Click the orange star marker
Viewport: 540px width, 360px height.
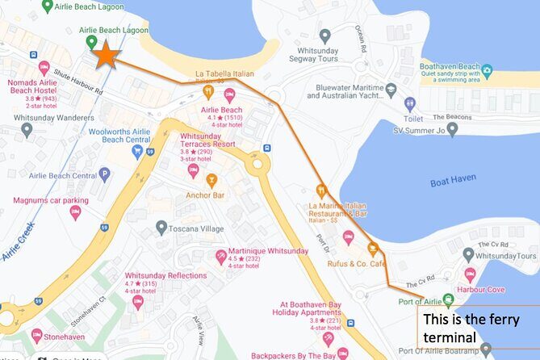click(x=105, y=55)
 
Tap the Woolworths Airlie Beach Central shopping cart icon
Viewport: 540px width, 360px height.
click(x=138, y=151)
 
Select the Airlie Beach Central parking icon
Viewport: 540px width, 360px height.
click(x=104, y=174)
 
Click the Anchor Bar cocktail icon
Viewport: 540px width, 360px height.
click(x=211, y=179)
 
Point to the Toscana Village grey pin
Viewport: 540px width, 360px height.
click(x=161, y=228)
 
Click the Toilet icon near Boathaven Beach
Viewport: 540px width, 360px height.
click(x=410, y=104)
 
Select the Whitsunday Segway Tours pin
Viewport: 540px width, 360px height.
click(x=324, y=36)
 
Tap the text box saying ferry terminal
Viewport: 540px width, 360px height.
click(x=476, y=328)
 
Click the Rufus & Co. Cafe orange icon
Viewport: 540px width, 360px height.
click(x=372, y=249)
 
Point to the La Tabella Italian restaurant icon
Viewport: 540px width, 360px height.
click(x=208, y=91)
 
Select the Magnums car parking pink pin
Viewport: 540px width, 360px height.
click(x=75, y=211)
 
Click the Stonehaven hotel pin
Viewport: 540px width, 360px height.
click(x=36, y=335)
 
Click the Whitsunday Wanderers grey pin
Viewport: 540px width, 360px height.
click(x=27, y=129)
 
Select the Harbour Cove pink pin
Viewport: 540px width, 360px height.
click(x=471, y=274)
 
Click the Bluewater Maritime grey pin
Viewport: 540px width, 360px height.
click(x=391, y=90)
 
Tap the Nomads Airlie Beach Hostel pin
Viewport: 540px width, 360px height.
click(x=44, y=68)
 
